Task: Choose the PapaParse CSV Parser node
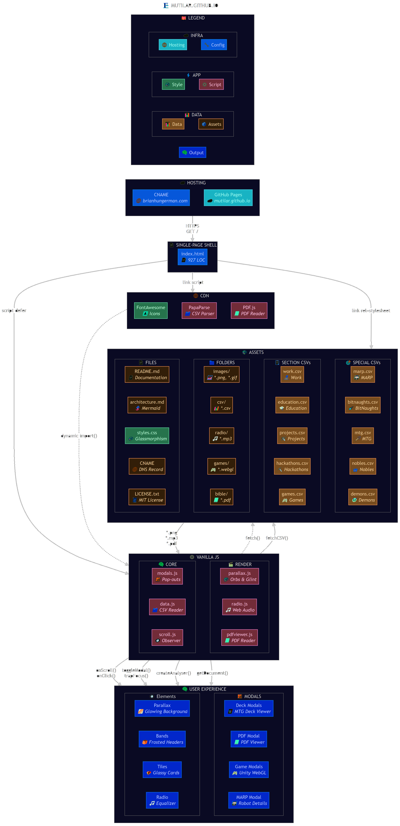(x=199, y=310)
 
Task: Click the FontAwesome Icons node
(x=151, y=310)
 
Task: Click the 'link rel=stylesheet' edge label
(x=371, y=310)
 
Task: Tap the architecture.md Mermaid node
(x=147, y=405)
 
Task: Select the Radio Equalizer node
(x=162, y=800)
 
